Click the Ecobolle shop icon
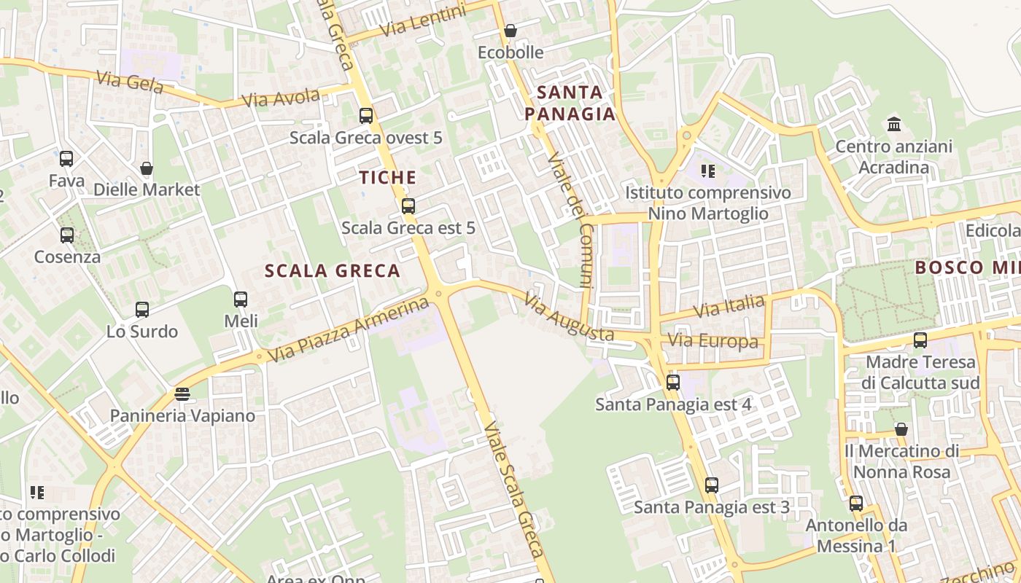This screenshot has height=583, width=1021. pos(510,31)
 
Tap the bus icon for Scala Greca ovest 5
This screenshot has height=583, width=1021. pos(366,115)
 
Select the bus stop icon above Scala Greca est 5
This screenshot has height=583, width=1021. pos(408,206)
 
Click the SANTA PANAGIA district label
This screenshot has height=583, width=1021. pos(570,103)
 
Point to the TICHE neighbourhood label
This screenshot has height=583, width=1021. pos(388,177)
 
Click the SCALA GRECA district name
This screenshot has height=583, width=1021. pos(333,271)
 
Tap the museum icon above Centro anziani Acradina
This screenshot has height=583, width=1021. pos(894,124)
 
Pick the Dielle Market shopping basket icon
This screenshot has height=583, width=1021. pos(147,168)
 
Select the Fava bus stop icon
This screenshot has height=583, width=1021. pos(66,158)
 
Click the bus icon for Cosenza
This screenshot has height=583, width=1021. pos(67,235)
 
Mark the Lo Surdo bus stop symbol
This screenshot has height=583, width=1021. pos(142,309)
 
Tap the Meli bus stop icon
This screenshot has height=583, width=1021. pos(241,299)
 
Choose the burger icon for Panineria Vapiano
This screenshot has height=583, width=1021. pos(182,394)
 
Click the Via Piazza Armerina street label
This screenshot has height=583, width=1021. pos(349,330)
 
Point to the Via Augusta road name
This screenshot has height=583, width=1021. pos(569,318)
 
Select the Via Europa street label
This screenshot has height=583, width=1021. pos(713,341)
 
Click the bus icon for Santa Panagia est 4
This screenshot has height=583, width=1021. pos(673,382)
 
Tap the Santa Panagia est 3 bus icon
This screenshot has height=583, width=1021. pos(712,485)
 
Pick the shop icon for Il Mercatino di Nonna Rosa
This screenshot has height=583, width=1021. pos(901,429)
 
